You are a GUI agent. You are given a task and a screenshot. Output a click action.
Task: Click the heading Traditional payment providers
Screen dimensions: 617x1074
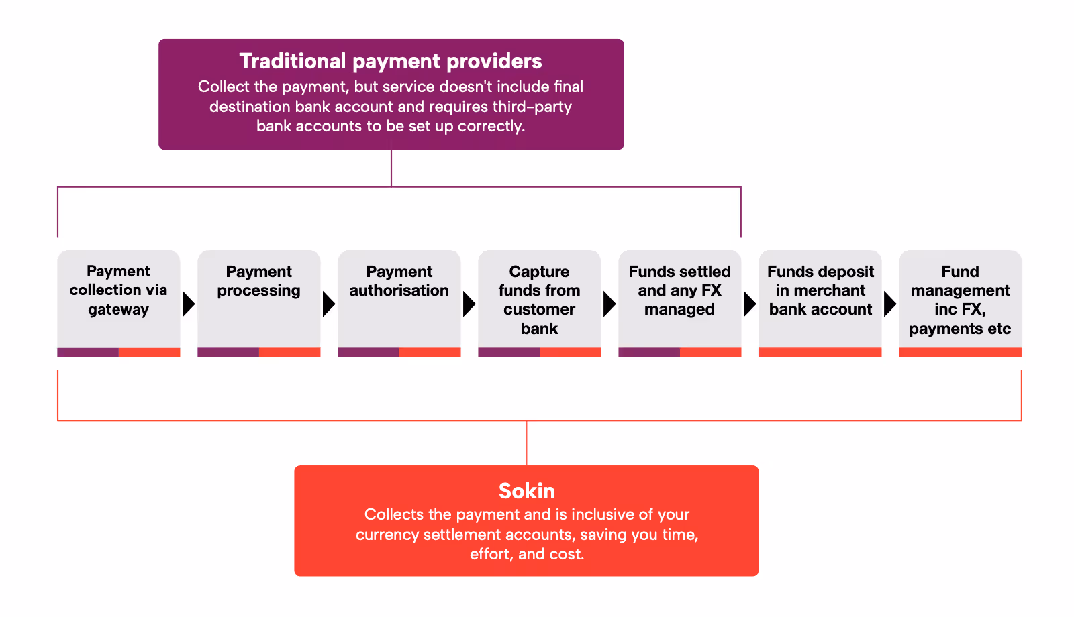coord(391,61)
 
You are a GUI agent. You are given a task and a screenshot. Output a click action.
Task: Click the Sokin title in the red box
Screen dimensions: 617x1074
coord(527,491)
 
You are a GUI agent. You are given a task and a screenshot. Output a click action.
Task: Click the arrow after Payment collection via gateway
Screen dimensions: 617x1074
coord(189,304)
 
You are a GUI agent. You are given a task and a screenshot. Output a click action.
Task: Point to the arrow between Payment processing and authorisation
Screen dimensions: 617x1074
coord(329,304)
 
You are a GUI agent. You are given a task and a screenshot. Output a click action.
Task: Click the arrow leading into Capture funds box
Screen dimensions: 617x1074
coord(469,304)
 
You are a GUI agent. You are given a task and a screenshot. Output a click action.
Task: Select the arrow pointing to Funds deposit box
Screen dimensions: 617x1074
coord(750,304)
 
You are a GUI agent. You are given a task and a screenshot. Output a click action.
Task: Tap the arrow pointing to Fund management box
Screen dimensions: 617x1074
coord(890,304)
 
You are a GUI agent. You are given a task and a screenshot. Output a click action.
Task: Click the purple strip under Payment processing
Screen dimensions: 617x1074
coord(228,352)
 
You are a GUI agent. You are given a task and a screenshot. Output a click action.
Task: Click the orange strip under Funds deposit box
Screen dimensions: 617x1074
coord(820,352)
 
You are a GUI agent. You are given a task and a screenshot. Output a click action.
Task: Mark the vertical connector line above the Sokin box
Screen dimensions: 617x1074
coord(527,443)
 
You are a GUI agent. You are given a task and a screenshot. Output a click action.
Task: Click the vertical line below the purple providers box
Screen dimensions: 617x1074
coord(391,168)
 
